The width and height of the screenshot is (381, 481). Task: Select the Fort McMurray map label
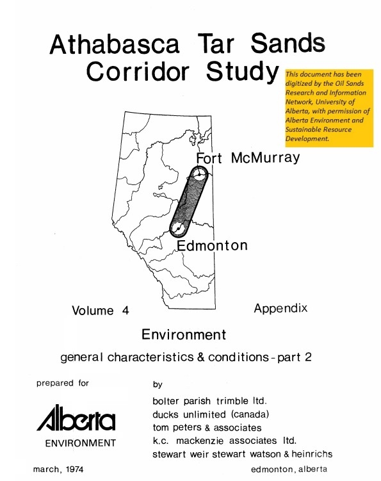tap(247, 158)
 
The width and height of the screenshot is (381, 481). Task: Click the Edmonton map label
tap(211, 246)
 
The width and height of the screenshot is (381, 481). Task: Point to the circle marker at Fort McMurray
tap(200, 174)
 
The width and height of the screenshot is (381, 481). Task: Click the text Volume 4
tap(101, 311)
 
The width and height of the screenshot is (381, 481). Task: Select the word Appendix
tap(280, 309)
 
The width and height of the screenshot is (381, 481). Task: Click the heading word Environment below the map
tap(184, 334)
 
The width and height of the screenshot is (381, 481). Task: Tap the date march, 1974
tap(58, 469)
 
